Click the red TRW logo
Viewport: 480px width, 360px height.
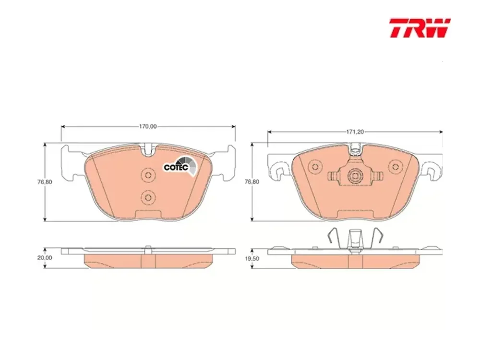[420, 28]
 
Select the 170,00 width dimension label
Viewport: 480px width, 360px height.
[148, 126]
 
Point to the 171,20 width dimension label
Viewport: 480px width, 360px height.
[355, 132]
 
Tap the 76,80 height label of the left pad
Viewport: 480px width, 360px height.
[45, 182]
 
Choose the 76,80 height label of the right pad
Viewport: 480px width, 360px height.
[252, 182]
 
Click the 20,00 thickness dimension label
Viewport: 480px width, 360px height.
[45, 258]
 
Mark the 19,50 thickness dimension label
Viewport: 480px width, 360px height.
[252, 258]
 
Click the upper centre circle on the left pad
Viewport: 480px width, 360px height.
[148, 175]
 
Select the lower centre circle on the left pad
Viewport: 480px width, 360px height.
[148, 196]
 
